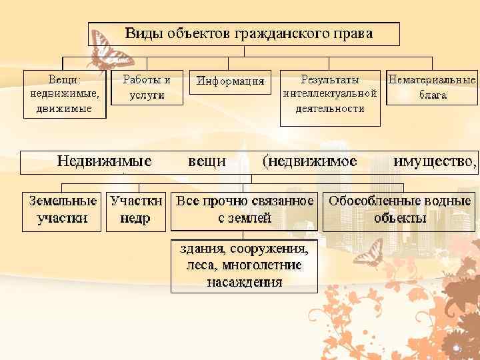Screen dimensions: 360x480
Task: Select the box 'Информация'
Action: tap(231, 81)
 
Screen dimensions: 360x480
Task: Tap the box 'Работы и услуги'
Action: tap(147, 87)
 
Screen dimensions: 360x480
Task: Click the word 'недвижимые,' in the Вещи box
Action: tap(65, 93)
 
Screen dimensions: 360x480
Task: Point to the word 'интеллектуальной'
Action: tap(330, 93)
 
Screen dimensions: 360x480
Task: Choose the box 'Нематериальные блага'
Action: tap(432, 87)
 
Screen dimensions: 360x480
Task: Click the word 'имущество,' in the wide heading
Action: tap(435, 161)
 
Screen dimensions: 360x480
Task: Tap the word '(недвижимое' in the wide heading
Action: tap(310, 161)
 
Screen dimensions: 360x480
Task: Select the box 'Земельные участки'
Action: tap(63, 209)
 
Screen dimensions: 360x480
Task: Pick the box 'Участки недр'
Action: tap(135, 209)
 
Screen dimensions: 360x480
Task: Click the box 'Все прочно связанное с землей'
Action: tap(244, 209)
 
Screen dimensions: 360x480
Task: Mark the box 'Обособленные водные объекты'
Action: tap(400, 209)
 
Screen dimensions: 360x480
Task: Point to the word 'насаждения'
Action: tap(244, 281)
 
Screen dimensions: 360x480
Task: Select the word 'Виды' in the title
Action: tap(147, 33)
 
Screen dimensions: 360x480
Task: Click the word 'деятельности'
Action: tap(330, 108)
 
